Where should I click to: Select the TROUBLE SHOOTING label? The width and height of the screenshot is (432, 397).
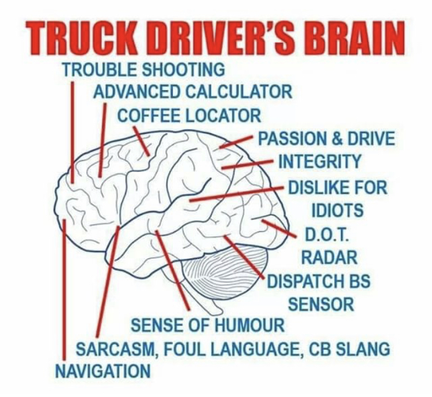point(143,70)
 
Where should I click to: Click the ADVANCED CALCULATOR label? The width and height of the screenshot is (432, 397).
point(192,91)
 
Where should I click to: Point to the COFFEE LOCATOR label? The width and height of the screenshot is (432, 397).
point(189,115)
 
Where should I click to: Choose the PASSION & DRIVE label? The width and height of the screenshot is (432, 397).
point(326,139)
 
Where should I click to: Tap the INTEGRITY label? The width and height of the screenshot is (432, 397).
point(320,162)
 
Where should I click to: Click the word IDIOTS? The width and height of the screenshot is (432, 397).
point(337,210)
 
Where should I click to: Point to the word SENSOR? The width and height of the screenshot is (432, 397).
point(321,304)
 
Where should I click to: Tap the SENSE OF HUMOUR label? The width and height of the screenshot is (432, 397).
point(208,325)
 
